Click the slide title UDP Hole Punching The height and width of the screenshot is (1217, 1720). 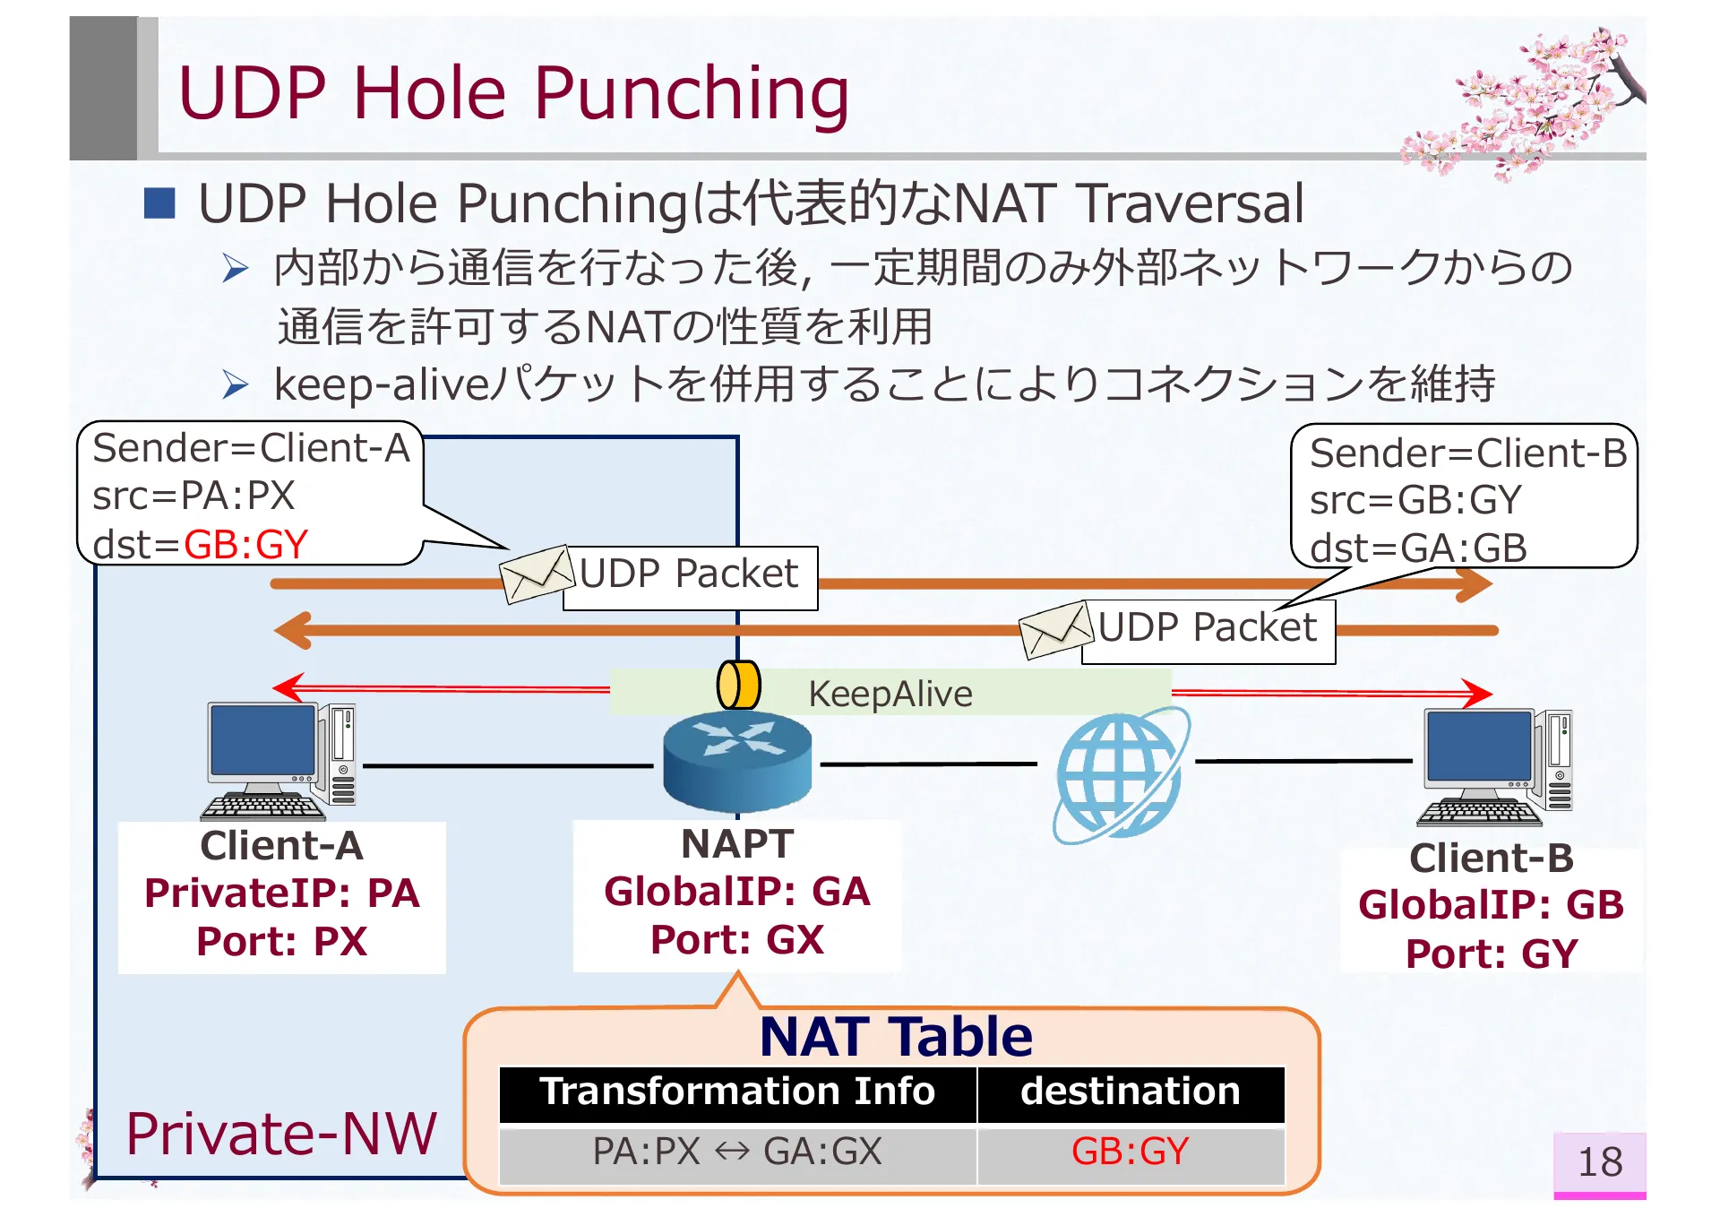click(x=512, y=93)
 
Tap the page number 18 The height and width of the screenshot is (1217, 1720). click(x=1599, y=1162)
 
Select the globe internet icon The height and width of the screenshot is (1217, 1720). click(x=1120, y=775)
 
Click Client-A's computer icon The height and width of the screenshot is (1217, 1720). click(x=280, y=761)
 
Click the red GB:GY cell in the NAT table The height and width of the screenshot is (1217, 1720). click(x=1130, y=1152)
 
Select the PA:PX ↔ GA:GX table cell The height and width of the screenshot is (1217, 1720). click(x=736, y=1152)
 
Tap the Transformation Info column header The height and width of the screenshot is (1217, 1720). click(x=736, y=1092)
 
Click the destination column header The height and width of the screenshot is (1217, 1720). click(x=1130, y=1092)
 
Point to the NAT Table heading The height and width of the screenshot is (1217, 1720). click(x=895, y=1037)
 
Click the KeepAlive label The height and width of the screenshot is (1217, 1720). click(x=890, y=694)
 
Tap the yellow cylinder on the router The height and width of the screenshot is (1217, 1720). click(x=739, y=686)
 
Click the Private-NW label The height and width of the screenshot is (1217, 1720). click(x=280, y=1134)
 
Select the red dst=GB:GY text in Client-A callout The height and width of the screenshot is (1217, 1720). click(x=245, y=545)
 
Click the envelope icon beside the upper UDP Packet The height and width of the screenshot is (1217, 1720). click(x=537, y=574)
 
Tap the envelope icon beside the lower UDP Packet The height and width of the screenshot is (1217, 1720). click(x=1057, y=629)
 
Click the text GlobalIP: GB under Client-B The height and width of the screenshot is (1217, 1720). click(x=1491, y=905)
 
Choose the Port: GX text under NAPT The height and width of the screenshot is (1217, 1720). click(x=736, y=940)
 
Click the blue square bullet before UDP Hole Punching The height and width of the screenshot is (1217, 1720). click(x=159, y=203)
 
